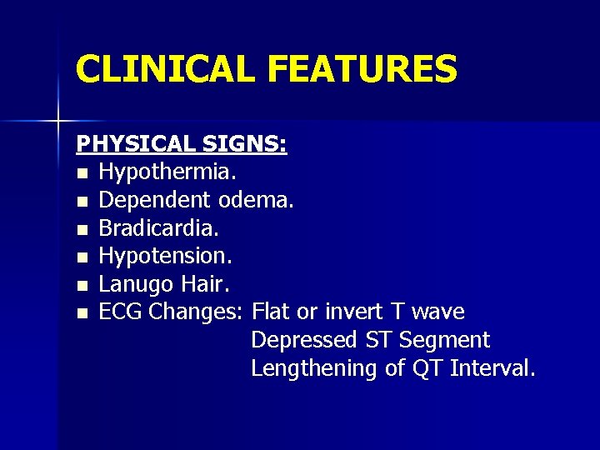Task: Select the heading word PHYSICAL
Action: pos(137,144)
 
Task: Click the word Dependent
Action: pos(156,201)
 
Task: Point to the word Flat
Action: pos(271,312)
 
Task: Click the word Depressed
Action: pos(305,341)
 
